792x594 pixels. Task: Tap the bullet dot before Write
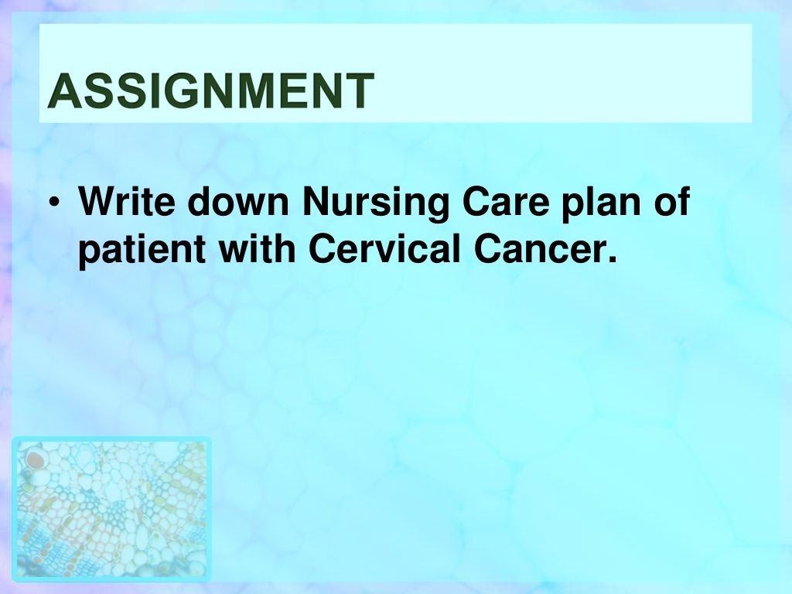coord(52,203)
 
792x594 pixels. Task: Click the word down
coord(239,203)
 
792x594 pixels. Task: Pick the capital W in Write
coord(96,203)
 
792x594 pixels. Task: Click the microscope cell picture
coord(111,508)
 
